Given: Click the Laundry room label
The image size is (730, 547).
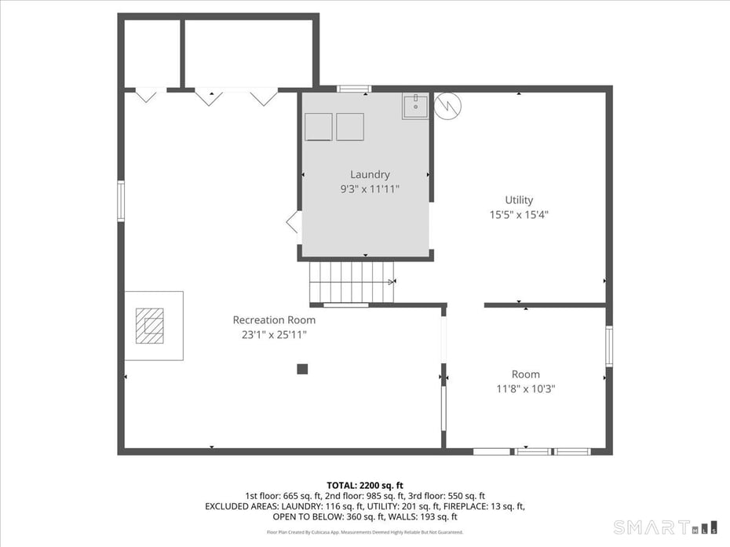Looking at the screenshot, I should coord(369,174).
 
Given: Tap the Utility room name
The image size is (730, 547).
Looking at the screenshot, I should coord(519,199).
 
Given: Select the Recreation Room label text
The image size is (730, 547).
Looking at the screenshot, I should coord(274,319).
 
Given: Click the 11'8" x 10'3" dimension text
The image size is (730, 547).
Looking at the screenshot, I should coord(525,388).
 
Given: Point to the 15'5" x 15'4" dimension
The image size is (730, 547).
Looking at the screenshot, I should coord(519,214).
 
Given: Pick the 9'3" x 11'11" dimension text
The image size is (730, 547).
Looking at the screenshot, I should coord(369,189).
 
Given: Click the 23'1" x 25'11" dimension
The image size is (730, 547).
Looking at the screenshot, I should coord(274,334).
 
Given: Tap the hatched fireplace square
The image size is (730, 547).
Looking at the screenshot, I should coord(149,326).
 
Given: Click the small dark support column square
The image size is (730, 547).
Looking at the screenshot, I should coord(302,369).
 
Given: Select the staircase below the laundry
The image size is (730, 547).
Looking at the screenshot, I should coord(351,282).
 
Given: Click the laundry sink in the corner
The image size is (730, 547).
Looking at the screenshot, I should coord(415,106).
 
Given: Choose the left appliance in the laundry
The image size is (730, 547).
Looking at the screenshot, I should coord(318,126).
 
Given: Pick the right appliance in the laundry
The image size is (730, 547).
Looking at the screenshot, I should coord(350,126).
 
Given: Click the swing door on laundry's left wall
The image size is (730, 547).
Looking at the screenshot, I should coord(294,221).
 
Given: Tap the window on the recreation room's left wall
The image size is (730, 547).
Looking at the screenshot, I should coord(121,201).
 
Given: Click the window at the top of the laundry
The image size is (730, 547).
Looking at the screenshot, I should coord(354,89).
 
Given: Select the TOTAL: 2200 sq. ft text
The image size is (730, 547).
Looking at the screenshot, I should coord(364,485).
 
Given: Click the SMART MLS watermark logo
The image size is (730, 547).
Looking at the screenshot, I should coord(665,527).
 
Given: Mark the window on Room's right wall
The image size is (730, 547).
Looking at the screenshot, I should coord(609,346).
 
